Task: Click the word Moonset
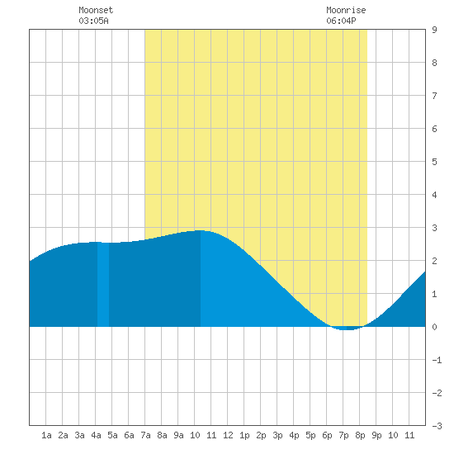point(96,10)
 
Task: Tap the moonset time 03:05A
point(93,21)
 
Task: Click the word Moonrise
point(346,10)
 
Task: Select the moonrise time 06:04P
point(341,21)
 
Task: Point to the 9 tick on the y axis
point(434,30)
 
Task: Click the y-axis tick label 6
point(434,129)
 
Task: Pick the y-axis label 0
point(434,327)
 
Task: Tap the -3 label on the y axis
point(437,426)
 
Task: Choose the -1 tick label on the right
point(437,360)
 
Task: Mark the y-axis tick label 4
point(434,195)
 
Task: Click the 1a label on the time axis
point(46,435)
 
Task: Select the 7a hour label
point(145,435)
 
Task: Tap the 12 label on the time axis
point(228,435)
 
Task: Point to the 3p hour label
point(277,435)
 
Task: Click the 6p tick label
point(327,435)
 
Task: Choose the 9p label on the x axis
point(376,435)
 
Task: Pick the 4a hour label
point(96,435)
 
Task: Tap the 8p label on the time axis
point(360,435)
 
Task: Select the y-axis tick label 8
point(434,63)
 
